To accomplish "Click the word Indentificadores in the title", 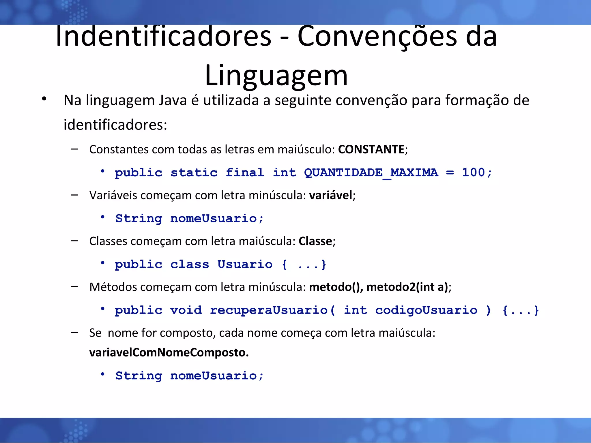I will click(x=163, y=36).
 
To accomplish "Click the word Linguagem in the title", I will click(x=276, y=76).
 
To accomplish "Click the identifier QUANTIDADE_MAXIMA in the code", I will click(x=371, y=173).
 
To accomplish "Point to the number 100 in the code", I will click(x=473, y=172).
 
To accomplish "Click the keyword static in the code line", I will click(x=194, y=173).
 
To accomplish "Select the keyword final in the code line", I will click(x=245, y=173).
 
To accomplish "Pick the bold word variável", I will click(x=331, y=195).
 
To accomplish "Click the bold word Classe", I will click(x=315, y=241).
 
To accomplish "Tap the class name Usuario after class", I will click(x=245, y=264).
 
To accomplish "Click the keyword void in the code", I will click(x=186, y=310).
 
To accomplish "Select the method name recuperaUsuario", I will click(x=269, y=310).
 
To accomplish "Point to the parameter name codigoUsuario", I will click(x=426, y=310).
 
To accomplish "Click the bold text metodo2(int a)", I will click(x=407, y=287).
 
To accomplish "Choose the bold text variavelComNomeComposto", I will click(x=169, y=352).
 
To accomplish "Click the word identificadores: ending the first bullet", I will click(x=115, y=125).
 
